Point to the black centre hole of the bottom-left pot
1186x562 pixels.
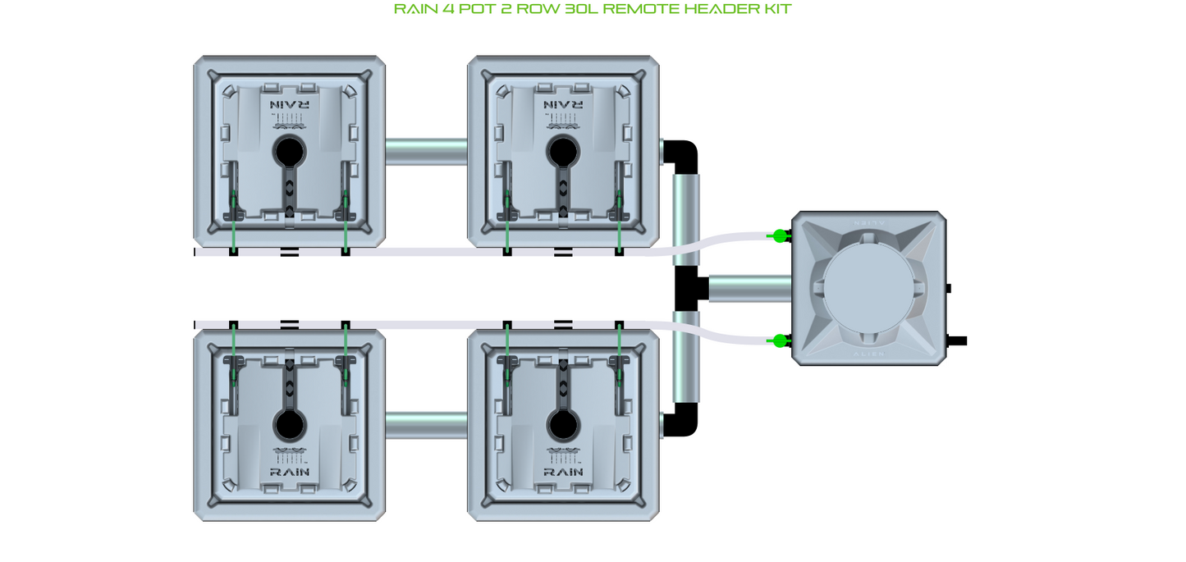click(x=289, y=425)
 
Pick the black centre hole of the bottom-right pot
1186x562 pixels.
click(x=563, y=425)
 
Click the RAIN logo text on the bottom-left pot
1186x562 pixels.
click(x=289, y=472)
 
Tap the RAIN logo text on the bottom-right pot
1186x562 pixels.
click(x=563, y=472)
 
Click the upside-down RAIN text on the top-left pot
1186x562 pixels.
click(x=289, y=105)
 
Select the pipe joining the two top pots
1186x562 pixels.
click(x=427, y=152)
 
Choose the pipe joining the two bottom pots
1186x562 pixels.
click(x=427, y=425)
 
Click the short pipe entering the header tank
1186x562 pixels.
click(x=749, y=289)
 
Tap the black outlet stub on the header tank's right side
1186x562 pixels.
click(x=957, y=340)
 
